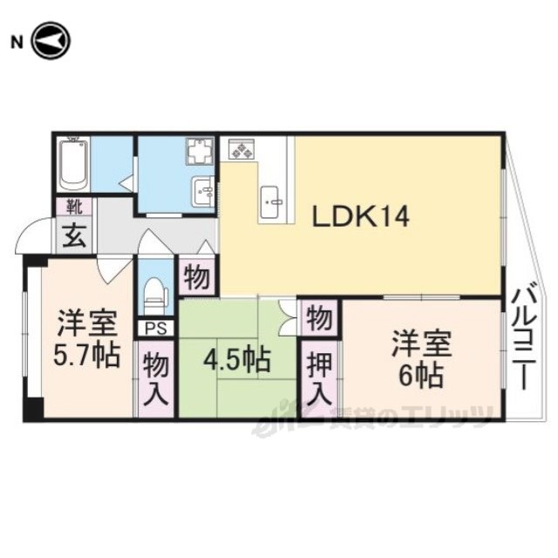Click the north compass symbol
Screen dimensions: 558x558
(51, 41)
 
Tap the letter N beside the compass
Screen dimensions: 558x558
(17, 43)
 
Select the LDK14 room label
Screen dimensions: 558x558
(360, 217)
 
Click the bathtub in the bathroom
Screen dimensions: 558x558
(73, 165)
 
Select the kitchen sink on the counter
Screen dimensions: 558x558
(271, 202)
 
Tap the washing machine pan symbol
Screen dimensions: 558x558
(200, 152)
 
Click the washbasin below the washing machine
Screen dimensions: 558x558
(203, 191)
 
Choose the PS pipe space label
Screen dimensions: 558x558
(156, 329)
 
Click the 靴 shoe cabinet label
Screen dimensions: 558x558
(74, 208)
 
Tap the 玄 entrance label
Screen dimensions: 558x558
(74, 237)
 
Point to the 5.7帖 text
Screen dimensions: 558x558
(85, 355)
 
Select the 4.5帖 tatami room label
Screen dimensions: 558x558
(236, 360)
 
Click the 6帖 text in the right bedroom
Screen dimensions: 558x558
(421, 376)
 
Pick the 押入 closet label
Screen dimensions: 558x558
(319, 378)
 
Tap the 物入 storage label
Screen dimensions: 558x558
(156, 380)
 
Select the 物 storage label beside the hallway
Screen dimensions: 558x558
(197, 277)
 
